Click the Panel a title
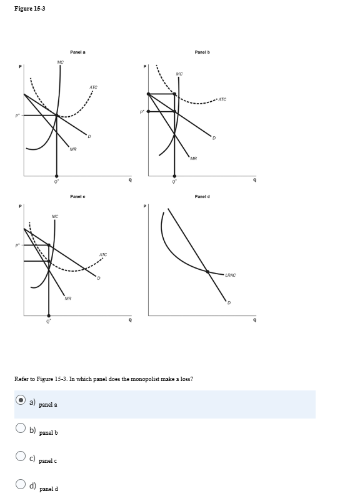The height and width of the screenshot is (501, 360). pos(78,52)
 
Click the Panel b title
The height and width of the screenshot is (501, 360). pos(202,52)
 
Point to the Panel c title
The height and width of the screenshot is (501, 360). pos(78,197)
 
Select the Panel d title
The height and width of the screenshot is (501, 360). pos(202,197)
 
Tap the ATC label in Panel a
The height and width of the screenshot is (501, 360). pos(92,87)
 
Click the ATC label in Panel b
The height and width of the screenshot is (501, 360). pos(222,99)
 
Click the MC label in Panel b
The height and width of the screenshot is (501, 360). pos(179,74)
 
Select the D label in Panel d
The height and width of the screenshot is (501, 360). pos(229,304)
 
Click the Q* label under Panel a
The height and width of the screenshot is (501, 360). pos(56,183)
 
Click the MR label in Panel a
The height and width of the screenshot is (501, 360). pos(73,149)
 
